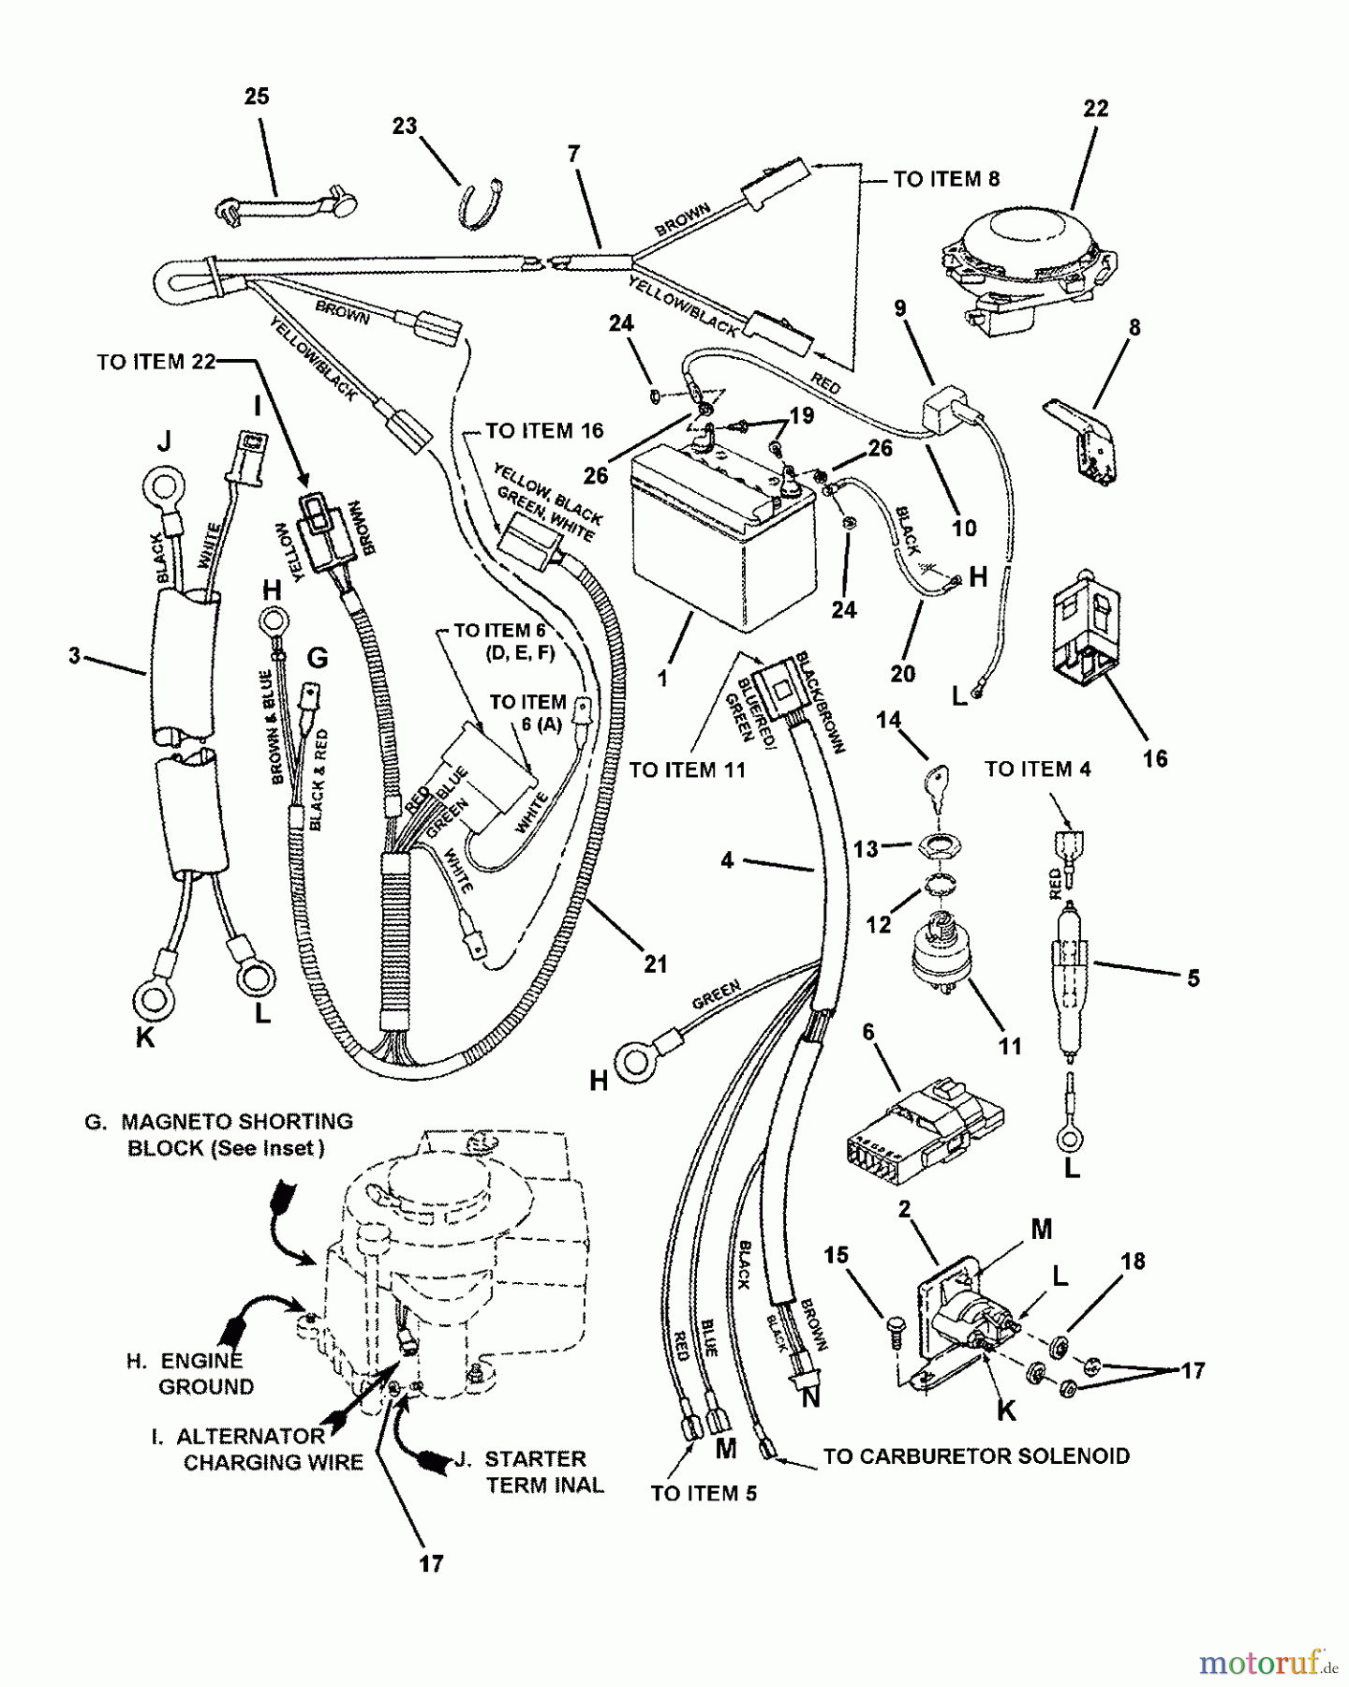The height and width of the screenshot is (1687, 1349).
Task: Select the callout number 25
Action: coord(257,97)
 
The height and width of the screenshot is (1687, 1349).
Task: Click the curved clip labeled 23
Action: coord(481,202)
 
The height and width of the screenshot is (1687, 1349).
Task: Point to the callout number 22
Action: coord(1095,109)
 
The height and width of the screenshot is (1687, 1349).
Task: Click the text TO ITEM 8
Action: coord(946,179)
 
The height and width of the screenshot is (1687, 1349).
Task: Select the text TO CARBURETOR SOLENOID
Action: coord(976,1456)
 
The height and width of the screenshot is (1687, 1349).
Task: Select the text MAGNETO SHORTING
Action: coord(237,1121)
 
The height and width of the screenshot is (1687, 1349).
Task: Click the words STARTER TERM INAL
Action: coord(539,1471)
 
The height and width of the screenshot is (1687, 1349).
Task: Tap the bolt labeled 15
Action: coord(894,1332)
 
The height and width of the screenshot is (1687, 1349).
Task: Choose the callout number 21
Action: coord(656,963)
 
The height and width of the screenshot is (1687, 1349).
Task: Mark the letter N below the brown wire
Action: coord(811,1396)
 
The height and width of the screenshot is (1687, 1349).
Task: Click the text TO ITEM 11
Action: coord(688,769)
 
